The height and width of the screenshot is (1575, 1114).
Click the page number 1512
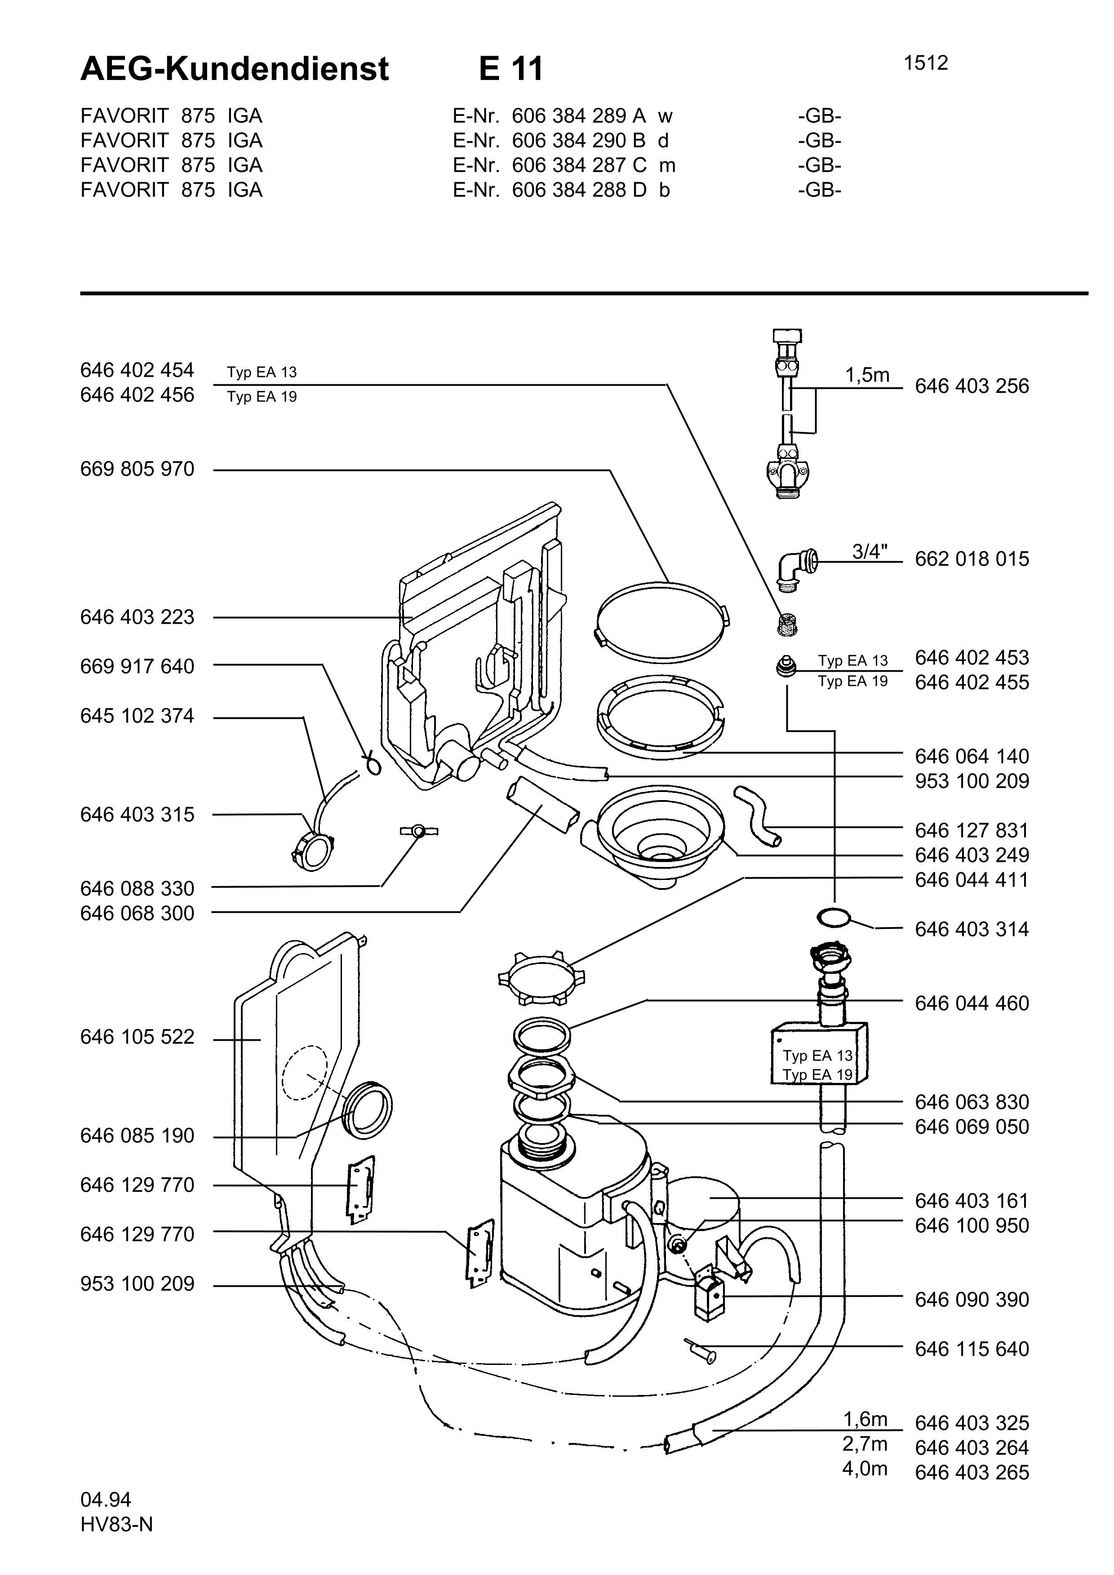click(925, 63)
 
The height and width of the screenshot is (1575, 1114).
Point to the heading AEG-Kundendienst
click(235, 69)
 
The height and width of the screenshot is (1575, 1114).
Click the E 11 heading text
click(510, 69)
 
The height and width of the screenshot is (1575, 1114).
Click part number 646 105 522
click(137, 1037)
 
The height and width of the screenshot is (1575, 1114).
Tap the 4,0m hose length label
click(865, 1469)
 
